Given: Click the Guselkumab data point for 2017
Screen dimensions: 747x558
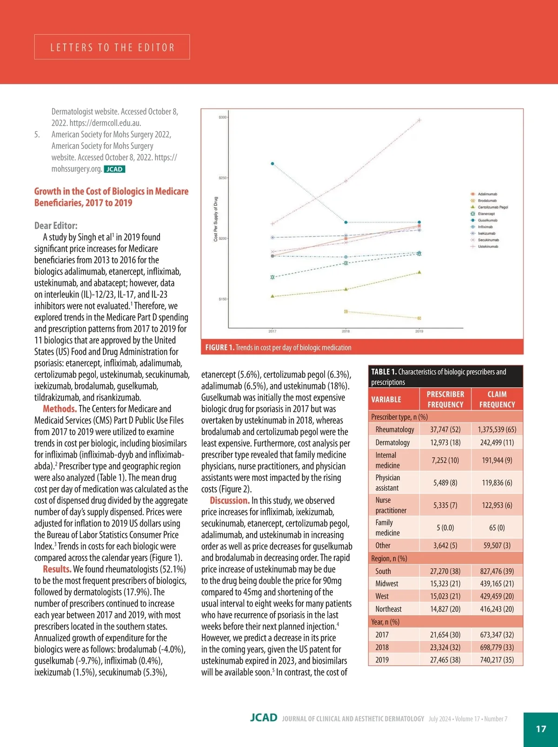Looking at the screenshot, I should pos(272,164).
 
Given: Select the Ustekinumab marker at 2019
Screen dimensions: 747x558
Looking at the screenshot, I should pos(419,120).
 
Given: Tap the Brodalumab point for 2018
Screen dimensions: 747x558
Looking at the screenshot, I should pos(346,311).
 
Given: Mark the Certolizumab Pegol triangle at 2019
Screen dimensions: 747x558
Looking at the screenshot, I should pos(419,272).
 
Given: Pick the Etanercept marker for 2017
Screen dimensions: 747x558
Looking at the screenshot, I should pos(272,277).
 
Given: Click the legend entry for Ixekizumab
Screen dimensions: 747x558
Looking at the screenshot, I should pos(486,233).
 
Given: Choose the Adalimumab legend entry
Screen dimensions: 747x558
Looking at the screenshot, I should pos(487,194).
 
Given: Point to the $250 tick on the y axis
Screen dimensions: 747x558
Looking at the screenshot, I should pos(223,178).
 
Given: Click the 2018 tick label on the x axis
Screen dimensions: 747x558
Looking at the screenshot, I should pos(346,331).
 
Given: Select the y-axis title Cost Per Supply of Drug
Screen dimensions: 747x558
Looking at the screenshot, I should pos(216,219).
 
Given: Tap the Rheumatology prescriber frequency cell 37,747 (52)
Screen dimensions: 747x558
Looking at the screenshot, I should pos(445,429).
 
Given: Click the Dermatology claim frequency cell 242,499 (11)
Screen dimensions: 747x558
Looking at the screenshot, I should pos(497,442).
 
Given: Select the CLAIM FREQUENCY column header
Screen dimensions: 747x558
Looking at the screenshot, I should pos(497,399).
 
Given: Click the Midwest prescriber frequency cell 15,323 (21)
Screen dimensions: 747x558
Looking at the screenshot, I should pos(445,583).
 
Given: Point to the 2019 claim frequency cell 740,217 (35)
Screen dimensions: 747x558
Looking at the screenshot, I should pos(497,660).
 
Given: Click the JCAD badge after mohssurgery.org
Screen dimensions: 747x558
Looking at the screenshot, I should pos(114,169).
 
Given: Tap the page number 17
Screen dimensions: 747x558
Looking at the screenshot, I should pos(541,729).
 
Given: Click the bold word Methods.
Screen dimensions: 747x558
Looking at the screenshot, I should pos(60,409).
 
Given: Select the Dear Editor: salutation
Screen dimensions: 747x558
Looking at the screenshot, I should pos(56,226).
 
